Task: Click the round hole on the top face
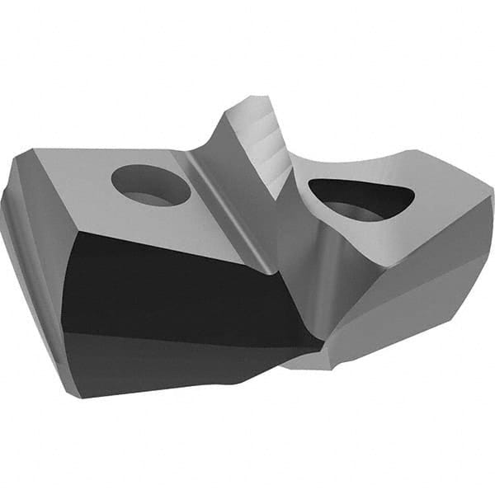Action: pos(151,185)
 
